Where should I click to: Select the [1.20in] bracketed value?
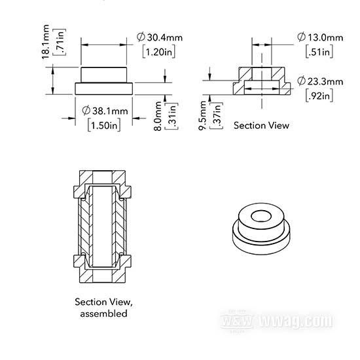[158, 52]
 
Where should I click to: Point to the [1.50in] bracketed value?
[104, 126]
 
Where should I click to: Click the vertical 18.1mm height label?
[45, 42]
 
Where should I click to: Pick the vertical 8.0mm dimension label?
[158, 116]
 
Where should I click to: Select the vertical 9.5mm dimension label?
[203, 115]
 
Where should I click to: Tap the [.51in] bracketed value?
[319, 52]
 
